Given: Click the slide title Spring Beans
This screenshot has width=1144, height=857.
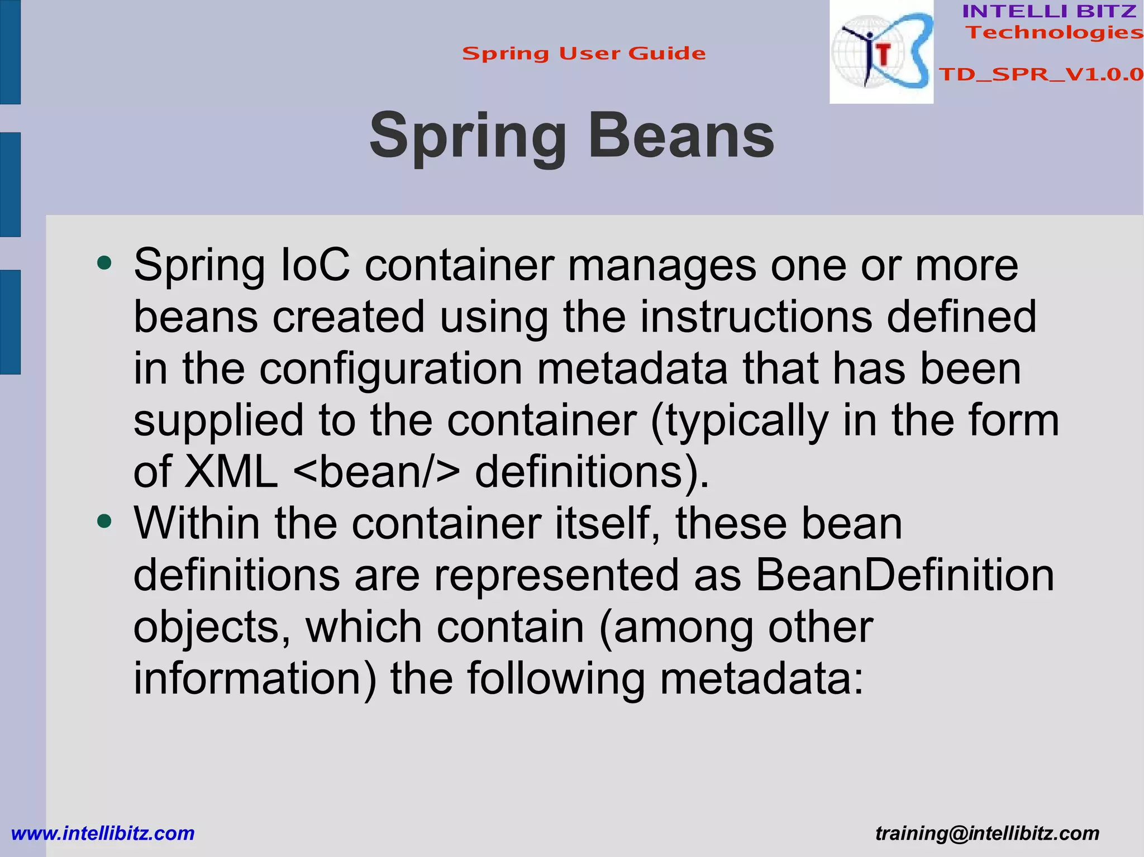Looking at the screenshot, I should [571, 136].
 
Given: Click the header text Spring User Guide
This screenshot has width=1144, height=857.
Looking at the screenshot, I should [584, 54].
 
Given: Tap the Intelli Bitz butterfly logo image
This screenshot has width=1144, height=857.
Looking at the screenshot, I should [881, 51].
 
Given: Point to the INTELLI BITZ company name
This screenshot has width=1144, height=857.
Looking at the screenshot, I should [1049, 11].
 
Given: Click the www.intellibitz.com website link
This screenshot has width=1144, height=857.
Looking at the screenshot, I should [103, 834].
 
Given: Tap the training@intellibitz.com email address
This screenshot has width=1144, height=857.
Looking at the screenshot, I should [987, 834].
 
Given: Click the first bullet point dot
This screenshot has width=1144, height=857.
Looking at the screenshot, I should [104, 263].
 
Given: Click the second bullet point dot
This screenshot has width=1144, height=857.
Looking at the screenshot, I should [104, 521].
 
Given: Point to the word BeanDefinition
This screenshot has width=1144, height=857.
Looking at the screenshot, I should [904, 576].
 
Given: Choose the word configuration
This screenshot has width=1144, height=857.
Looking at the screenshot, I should [391, 370].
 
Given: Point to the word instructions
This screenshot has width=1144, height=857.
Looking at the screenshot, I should [756, 317].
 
